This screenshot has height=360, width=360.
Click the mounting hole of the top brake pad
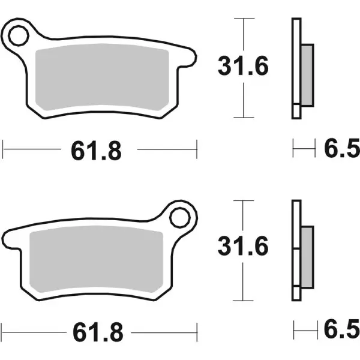pos(17,35)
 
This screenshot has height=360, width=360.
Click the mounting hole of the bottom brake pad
pos(181,218)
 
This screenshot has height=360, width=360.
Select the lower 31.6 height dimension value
pos(243,247)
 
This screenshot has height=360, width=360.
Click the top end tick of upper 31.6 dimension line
pos(243,19)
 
